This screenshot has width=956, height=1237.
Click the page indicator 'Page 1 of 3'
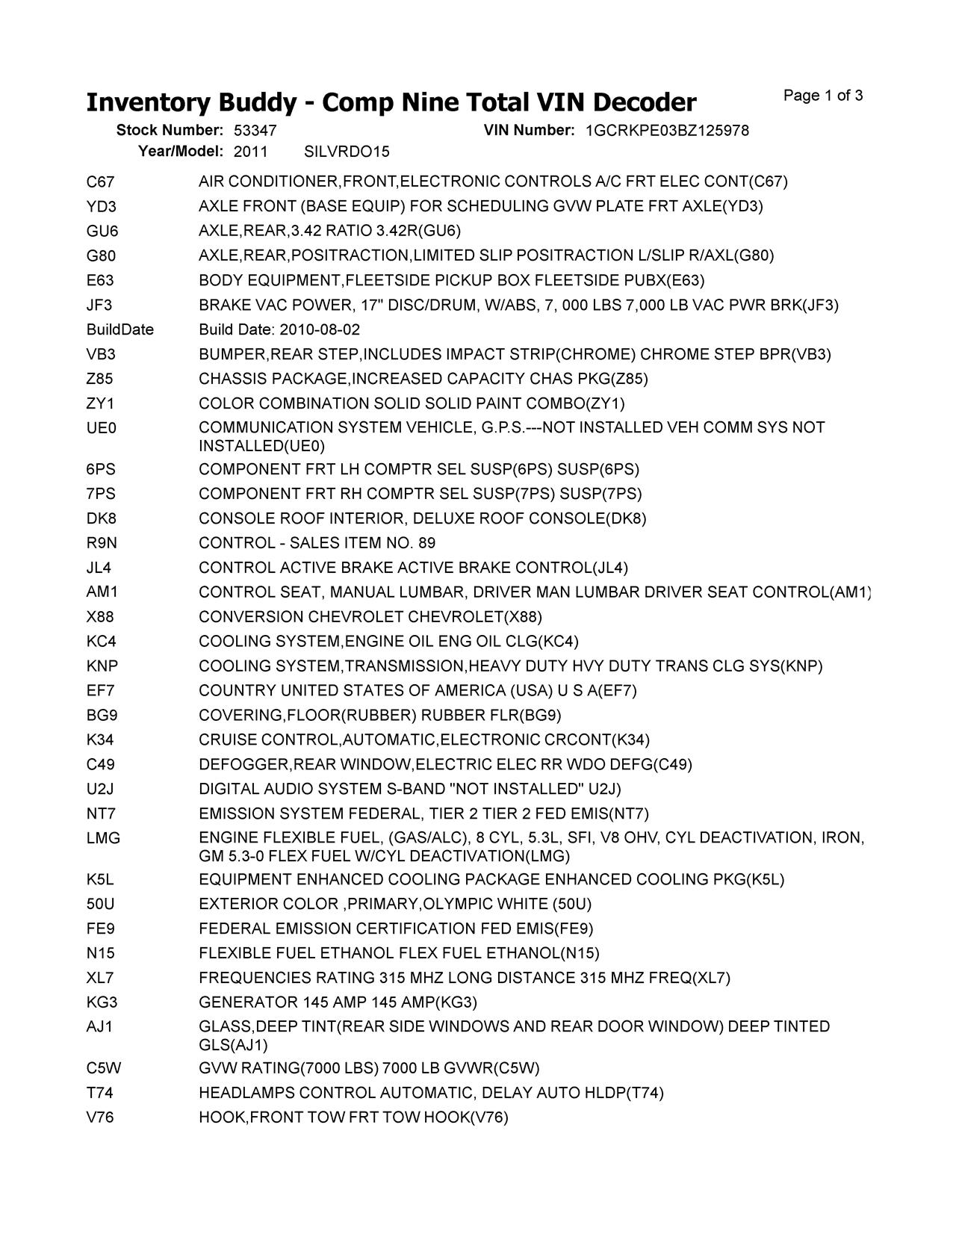pyautogui.click(x=823, y=96)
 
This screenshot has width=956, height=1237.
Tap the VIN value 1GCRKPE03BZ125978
pyautogui.click(x=667, y=131)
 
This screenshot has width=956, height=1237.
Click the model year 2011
pyautogui.click(x=250, y=152)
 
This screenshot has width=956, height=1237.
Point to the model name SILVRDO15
pyautogui.click(x=347, y=152)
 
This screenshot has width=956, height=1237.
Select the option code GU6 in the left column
pyautogui.click(x=102, y=231)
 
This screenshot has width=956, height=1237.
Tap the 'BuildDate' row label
pyautogui.click(x=119, y=329)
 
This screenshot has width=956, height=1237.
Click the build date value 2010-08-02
pyautogui.click(x=320, y=329)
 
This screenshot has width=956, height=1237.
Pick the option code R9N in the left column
pyautogui.click(x=102, y=543)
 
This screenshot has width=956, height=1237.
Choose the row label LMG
pyautogui.click(x=103, y=839)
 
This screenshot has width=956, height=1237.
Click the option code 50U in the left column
pyautogui.click(x=101, y=905)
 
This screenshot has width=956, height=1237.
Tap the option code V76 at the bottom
pyautogui.click(x=100, y=1118)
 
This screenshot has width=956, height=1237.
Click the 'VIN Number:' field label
pyautogui.click(x=529, y=131)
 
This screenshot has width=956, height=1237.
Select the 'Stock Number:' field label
pyautogui.click(x=170, y=131)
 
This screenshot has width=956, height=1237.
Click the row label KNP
pyautogui.click(x=102, y=666)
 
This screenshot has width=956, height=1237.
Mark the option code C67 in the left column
pyautogui.click(x=100, y=182)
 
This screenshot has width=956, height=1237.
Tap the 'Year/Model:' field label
pyautogui.click(x=181, y=152)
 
